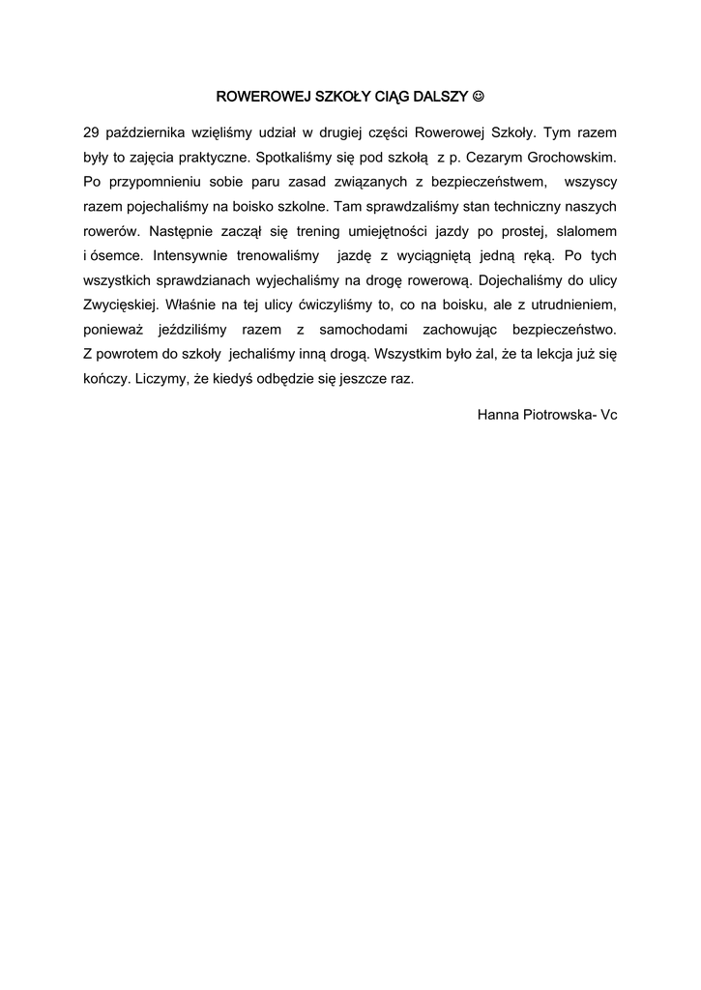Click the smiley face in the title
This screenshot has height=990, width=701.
(479, 98)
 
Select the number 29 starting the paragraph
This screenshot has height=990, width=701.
(92, 131)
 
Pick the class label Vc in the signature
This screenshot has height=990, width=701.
(608, 415)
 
